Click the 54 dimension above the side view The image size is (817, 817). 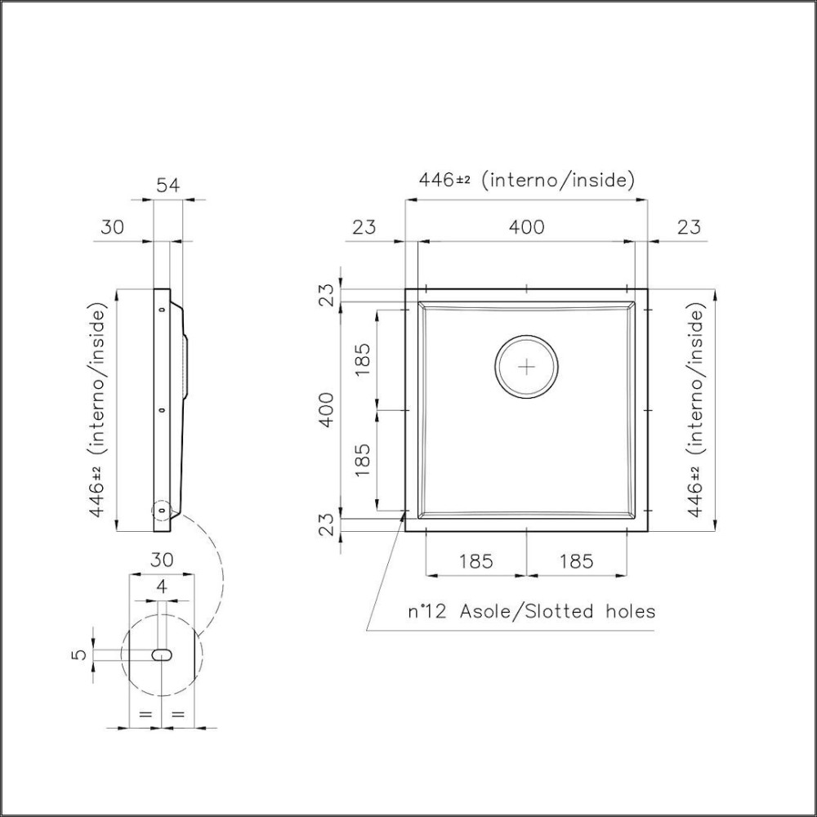[167, 185]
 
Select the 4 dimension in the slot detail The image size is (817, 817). [162, 586]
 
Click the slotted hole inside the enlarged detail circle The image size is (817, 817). [162, 654]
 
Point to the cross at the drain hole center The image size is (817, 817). [527, 367]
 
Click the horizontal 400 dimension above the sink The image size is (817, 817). [526, 227]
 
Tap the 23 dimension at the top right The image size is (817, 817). [689, 227]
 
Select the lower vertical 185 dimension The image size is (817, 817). [364, 459]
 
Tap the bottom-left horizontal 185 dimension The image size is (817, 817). [475, 561]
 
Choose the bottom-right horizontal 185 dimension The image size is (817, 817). [577, 561]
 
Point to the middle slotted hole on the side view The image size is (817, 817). [161, 409]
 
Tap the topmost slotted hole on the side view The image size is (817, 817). [161, 310]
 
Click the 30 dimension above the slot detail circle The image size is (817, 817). [162, 560]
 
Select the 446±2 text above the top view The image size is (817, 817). [444, 180]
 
